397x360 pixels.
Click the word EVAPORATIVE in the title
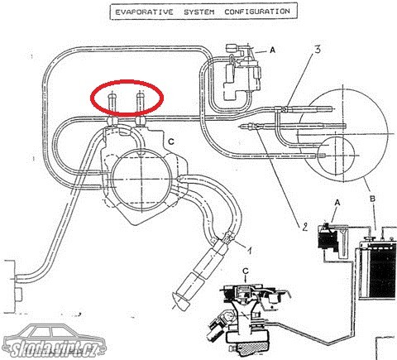pos(144,12)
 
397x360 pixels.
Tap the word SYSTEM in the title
pos(199,12)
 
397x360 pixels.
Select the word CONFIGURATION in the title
pos(257,12)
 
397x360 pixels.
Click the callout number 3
pos(318,50)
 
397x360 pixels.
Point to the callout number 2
pos(304,227)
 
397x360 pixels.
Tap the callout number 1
pos(249,251)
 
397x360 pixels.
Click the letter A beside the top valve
pos(273,50)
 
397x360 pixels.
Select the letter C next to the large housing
pos(171,142)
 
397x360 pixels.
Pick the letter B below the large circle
pos(372,199)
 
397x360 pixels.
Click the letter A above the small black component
pos(337,203)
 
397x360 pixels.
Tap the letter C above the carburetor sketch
pos(246,271)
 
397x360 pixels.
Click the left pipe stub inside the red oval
pos(112,105)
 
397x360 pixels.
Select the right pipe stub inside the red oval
pos(141,105)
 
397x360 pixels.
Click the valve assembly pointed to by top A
pos(242,73)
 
